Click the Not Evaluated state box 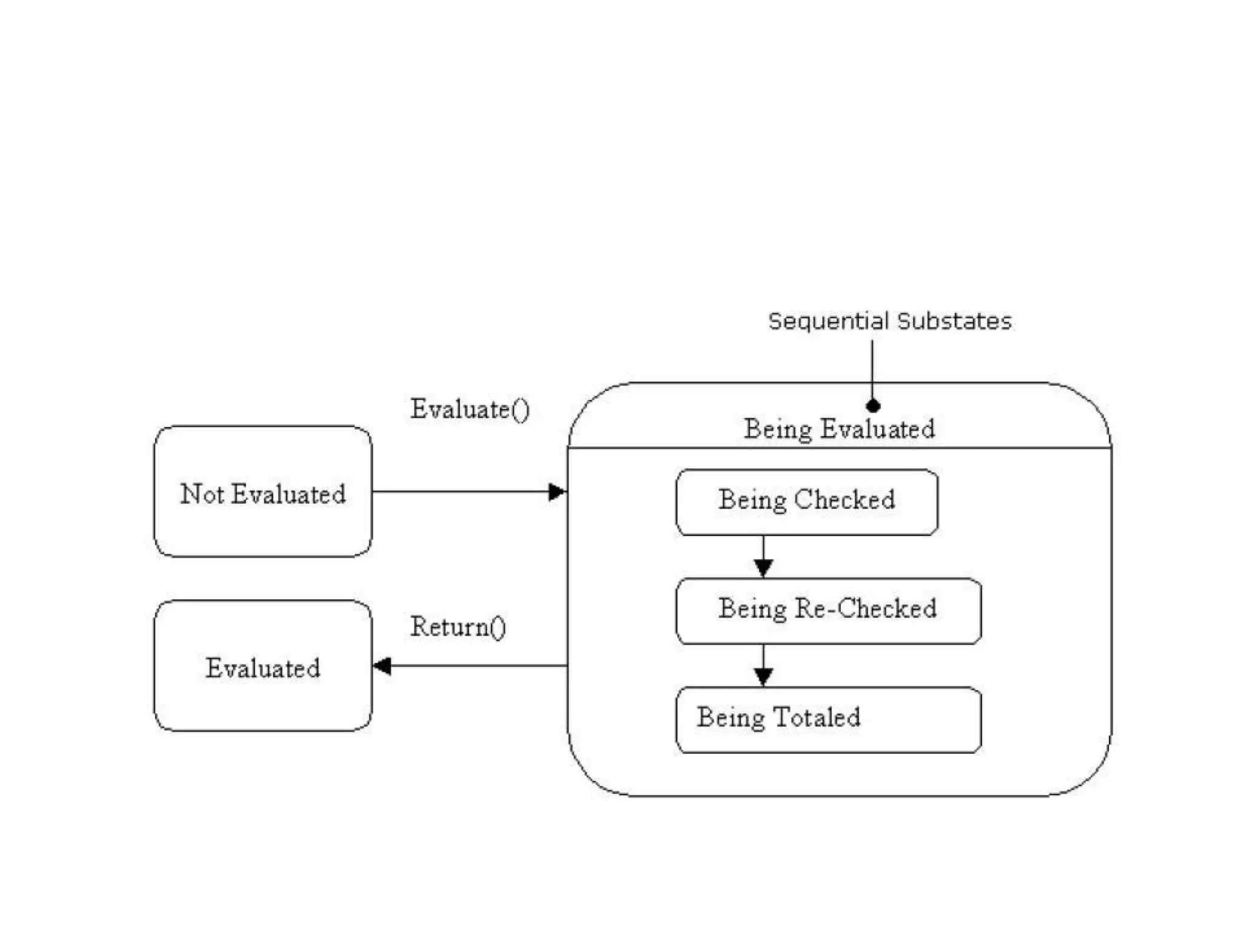tap(263, 491)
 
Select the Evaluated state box tap(263, 666)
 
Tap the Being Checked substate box tap(807, 502)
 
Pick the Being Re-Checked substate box tap(828, 610)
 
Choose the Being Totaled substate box tap(828, 720)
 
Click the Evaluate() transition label tap(470, 409)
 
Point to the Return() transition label tap(458, 627)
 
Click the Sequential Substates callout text tap(890, 321)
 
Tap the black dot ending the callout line tap(873, 405)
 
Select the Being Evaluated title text tap(839, 429)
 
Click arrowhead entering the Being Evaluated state tap(557, 491)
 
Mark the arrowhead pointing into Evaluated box tap(382, 666)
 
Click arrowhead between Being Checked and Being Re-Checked tap(763, 567)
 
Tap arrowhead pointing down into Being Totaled tap(763, 676)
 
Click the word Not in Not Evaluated tap(202, 493)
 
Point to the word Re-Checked tap(865, 608)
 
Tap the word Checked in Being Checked tap(844, 499)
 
